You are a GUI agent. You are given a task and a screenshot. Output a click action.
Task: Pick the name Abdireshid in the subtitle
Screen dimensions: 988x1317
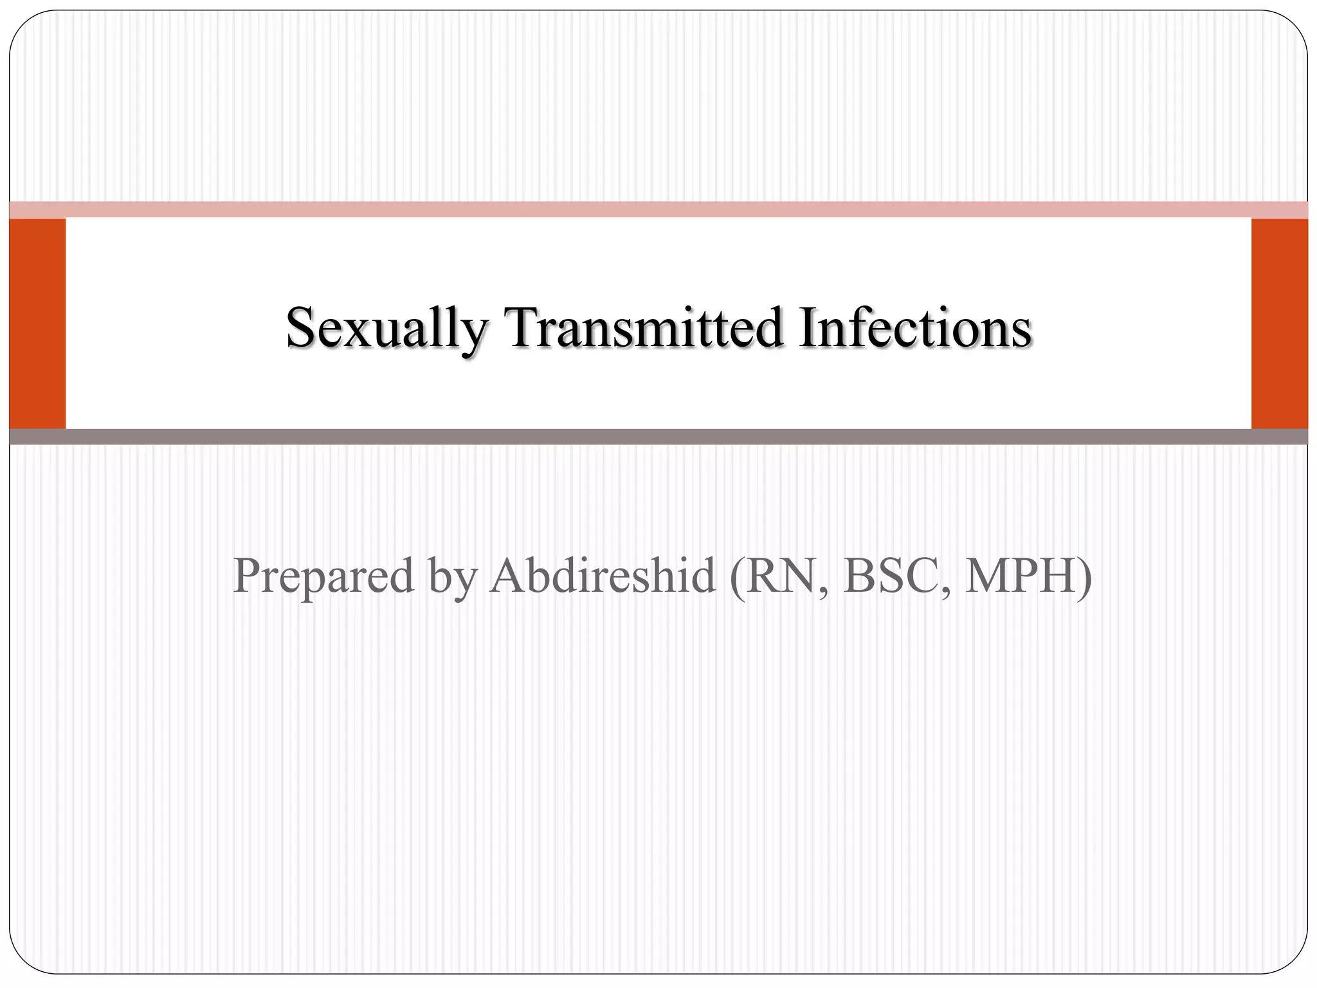pyautogui.click(x=603, y=576)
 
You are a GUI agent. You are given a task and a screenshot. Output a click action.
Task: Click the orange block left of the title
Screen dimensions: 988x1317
pyautogui.click(x=37, y=324)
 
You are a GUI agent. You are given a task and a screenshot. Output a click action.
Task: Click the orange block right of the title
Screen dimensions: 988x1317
pyautogui.click(x=1279, y=324)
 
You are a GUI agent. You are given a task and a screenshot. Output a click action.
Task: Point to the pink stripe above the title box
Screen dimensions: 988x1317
pyautogui.click(x=658, y=210)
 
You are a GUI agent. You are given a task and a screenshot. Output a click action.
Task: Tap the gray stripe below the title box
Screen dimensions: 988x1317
pyautogui.click(x=658, y=437)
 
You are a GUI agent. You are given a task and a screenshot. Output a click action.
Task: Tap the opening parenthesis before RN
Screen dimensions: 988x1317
pyautogui.click(x=737, y=577)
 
